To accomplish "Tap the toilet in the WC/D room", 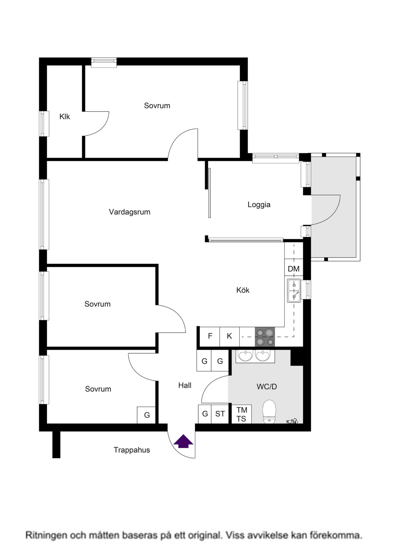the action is [269, 412].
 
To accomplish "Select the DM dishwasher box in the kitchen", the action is [294, 269].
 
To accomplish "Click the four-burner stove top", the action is [265, 336].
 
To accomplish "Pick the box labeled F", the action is [210, 336].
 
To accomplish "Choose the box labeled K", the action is [229, 336].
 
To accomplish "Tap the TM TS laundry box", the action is [242, 414].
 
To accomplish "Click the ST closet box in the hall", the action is [220, 414].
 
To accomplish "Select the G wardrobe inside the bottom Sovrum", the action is [147, 415].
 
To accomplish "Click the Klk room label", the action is [65, 117].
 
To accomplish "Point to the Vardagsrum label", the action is [130, 212].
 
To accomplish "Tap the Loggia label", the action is [259, 205].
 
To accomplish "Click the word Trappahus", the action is [132, 450].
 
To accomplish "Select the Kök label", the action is [243, 290].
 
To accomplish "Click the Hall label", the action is [185, 385].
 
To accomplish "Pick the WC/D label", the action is [267, 387].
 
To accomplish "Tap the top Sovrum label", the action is [157, 106].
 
